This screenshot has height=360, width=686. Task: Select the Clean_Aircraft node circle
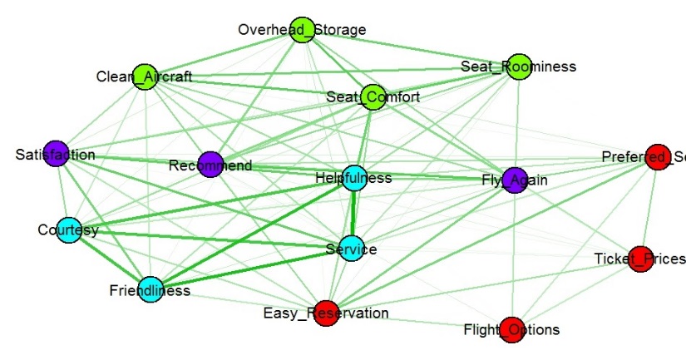click(x=146, y=76)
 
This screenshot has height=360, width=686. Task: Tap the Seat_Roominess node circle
click(x=519, y=66)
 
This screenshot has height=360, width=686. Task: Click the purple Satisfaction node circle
click(x=56, y=154)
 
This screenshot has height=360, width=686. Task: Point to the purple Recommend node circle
click(x=210, y=165)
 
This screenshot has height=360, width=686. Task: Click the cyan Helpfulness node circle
click(x=354, y=178)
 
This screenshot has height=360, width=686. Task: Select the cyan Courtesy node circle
click(x=69, y=229)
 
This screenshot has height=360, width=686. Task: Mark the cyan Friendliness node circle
click(x=150, y=290)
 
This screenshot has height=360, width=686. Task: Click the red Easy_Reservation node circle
click(x=326, y=313)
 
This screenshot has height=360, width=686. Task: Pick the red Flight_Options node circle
click(x=512, y=329)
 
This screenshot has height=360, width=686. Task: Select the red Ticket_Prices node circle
click(x=639, y=259)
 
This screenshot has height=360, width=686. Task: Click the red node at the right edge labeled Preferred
click(x=658, y=157)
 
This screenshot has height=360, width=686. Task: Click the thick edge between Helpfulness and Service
click(x=353, y=214)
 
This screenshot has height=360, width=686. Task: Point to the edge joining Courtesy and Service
click(x=208, y=239)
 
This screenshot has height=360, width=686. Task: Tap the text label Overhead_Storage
click(x=301, y=30)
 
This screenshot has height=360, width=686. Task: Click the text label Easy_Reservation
click(x=326, y=313)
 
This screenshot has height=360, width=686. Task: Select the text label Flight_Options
click(x=511, y=330)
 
